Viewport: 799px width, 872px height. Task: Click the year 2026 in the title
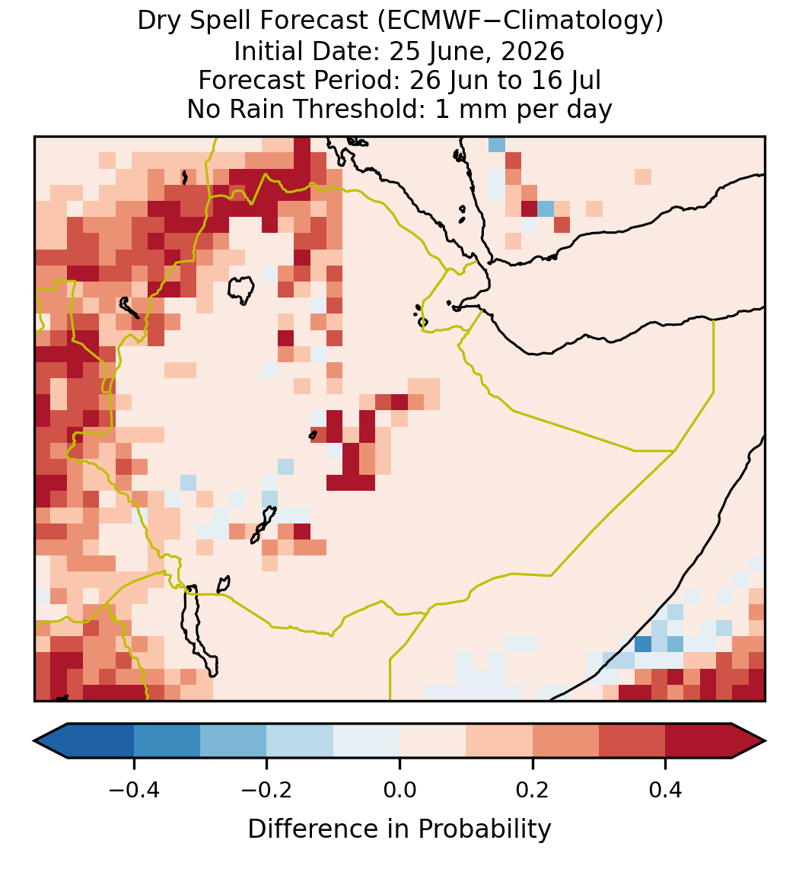coord(533,51)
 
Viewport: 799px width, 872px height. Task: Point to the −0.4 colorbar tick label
coord(134,790)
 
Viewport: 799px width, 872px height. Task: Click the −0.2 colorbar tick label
coord(267,790)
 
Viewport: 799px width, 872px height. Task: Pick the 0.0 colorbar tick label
coord(399,790)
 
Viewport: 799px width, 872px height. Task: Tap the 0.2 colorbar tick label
coord(533,790)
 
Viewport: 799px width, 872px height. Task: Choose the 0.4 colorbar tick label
coord(666,790)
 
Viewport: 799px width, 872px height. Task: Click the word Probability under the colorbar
coord(484,829)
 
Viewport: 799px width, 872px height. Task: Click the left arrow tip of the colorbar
coord(34,741)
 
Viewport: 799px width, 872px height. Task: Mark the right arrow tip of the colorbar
coord(765,741)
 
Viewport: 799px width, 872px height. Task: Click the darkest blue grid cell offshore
coord(643,644)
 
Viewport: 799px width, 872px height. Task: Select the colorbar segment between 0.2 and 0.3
coord(565,741)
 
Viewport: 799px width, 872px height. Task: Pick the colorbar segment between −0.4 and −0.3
coord(167,741)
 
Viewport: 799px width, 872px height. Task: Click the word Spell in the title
coord(222,22)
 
